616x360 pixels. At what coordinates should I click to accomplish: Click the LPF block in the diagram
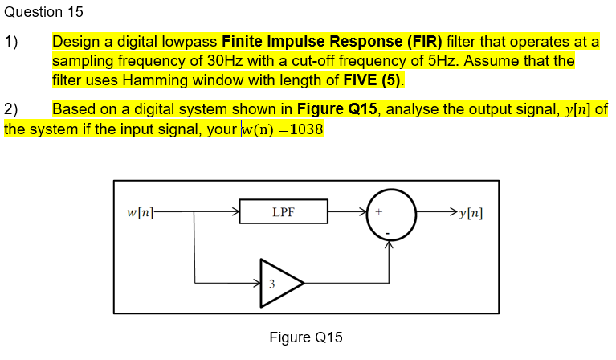pos(283,213)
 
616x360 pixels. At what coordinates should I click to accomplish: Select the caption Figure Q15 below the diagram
pos(306,337)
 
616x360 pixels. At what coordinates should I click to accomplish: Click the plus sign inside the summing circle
pos(379,213)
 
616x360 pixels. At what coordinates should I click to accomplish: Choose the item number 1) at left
pos(11,41)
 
